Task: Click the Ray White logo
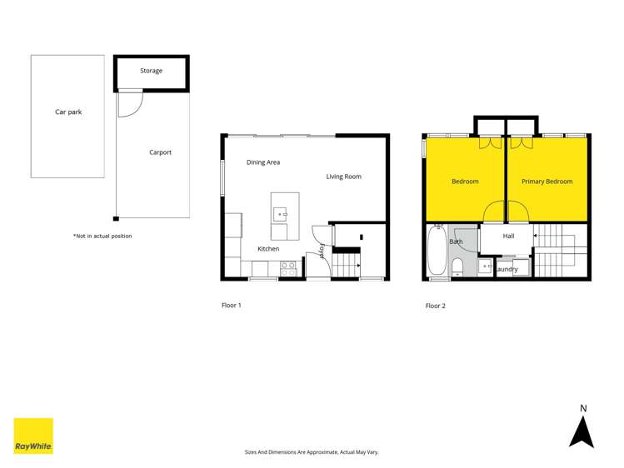pyautogui.click(x=33, y=436)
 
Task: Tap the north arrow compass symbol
pyautogui.click(x=582, y=427)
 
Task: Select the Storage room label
pyautogui.click(x=151, y=71)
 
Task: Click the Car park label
pyautogui.click(x=68, y=112)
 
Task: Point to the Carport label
pyautogui.click(x=160, y=152)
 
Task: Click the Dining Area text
pyautogui.click(x=262, y=162)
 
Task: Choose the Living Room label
pyautogui.click(x=343, y=177)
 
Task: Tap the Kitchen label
pyautogui.click(x=268, y=249)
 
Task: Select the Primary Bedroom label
pyautogui.click(x=547, y=182)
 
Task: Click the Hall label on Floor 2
pyautogui.click(x=508, y=236)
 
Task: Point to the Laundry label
pyautogui.click(x=507, y=269)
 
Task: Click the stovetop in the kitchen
pyautogui.click(x=288, y=268)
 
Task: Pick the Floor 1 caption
pyautogui.click(x=231, y=306)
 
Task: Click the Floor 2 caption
pyautogui.click(x=435, y=306)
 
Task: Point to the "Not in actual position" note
pyautogui.click(x=102, y=236)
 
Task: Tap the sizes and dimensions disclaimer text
pyautogui.click(x=311, y=452)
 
